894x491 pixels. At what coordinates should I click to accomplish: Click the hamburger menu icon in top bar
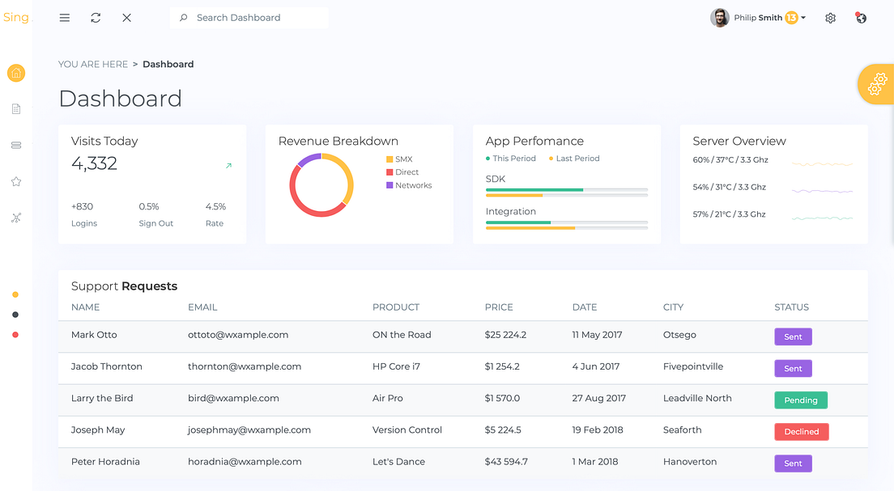click(65, 18)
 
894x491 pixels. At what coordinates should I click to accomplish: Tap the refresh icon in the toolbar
click(96, 18)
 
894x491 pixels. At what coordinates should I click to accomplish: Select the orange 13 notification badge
click(791, 18)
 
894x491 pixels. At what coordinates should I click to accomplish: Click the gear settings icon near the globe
click(830, 18)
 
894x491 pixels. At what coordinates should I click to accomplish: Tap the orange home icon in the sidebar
click(16, 73)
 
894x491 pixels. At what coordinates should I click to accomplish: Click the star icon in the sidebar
click(16, 182)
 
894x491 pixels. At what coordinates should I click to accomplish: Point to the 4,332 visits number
click(94, 163)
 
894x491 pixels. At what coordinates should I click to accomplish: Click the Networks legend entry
click(413, 185)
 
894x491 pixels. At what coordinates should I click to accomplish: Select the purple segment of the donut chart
click(309, 159)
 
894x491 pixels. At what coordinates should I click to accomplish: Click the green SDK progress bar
click(534, 190)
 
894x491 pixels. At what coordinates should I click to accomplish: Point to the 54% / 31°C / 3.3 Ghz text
click(729, 187)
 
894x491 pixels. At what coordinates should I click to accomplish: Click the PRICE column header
click(499, 307)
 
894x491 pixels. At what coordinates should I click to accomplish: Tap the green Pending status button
click(800, 400)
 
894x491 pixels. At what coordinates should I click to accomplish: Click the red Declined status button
click(801, 432)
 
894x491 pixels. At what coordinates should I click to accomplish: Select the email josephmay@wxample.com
click(249, 430)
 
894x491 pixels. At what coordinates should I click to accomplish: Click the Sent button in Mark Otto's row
click(793, 337)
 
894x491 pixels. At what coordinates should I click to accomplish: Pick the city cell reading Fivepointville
click(692, 366)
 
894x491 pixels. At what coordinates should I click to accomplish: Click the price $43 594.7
click(506, 462)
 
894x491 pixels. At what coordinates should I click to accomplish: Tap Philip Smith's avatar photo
click(720, 18)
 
